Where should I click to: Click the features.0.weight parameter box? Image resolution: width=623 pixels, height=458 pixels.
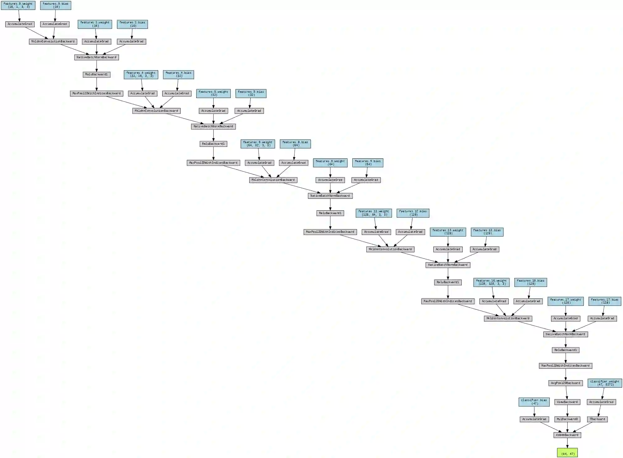(18, 5)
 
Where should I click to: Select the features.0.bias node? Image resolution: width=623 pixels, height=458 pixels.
(55, 5)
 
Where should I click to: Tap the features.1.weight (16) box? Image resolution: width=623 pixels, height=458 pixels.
(95, 24)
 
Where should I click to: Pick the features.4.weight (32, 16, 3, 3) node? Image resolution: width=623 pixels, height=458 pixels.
(141, 74)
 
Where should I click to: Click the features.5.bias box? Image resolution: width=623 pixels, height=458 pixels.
(251, 93)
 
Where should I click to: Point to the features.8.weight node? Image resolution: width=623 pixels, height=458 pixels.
(258, 144)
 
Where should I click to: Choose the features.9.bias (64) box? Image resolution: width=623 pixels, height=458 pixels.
(368, 163)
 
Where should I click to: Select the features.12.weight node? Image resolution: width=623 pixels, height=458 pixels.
(374, 213)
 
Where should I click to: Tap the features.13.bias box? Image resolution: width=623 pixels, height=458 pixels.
(487, 232)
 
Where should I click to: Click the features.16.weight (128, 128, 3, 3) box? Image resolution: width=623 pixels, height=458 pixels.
(492, 282)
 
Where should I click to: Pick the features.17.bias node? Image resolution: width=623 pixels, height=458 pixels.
(605, 301)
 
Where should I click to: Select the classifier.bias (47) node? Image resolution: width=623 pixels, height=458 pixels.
(534, 402)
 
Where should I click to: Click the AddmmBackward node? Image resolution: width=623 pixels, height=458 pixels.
(567, 435)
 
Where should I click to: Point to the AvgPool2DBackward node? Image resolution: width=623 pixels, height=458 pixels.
(566, 383)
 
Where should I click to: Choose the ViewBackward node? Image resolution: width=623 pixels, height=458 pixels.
(567, 402)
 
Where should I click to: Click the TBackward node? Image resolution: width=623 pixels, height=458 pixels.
(597, 419)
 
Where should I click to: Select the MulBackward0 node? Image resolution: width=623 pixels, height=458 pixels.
(567, 419)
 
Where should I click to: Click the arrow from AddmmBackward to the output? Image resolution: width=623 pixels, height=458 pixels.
(567, 443)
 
